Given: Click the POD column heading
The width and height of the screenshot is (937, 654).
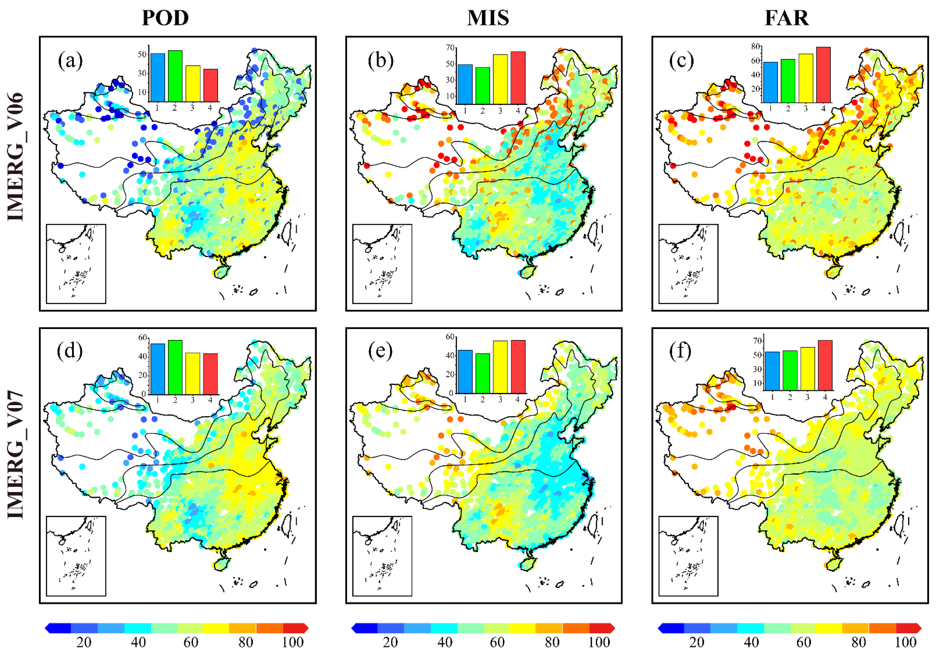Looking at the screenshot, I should (165, 18).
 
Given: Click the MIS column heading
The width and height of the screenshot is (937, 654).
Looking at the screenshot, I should (488, 18).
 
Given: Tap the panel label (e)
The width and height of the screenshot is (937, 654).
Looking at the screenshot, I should (380, 351).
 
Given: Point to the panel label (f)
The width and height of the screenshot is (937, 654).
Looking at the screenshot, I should (680, 351).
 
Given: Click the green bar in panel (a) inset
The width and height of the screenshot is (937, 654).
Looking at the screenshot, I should (175, 76).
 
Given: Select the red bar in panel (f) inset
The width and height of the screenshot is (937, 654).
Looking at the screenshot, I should (825, 365).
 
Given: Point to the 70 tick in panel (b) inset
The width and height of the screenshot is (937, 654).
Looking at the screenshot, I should (450, 48).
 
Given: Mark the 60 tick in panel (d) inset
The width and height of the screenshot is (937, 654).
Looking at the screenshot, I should (143, 338).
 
